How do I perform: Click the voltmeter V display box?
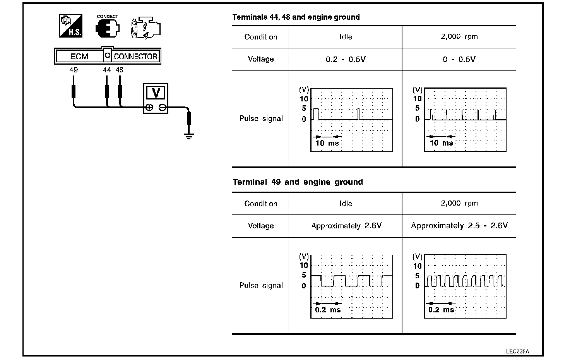click(x=156, y=93)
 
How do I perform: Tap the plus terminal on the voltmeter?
click(x=149, y=108)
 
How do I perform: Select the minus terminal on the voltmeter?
click(x=163, y=108)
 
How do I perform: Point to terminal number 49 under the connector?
click(x=73, y=70)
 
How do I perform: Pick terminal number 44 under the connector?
click(x=107, y=70)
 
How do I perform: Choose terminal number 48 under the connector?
click(x=120, y=70)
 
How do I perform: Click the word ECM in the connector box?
click(x=79, y=57)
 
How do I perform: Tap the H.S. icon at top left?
click(x=70, y=26)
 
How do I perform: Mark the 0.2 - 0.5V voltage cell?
click(x=346, y=60)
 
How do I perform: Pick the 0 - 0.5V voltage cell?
click(x=459, y=60)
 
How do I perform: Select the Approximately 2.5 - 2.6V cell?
click(x=459, y=226)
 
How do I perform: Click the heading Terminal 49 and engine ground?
click(x=298, y=182)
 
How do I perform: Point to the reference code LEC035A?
click(x=517, y=351)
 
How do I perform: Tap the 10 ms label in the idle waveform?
click(x=327, y=143)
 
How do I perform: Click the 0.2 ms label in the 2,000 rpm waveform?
click(x=441, y=310)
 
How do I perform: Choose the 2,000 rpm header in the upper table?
click(x=459, y=37)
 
